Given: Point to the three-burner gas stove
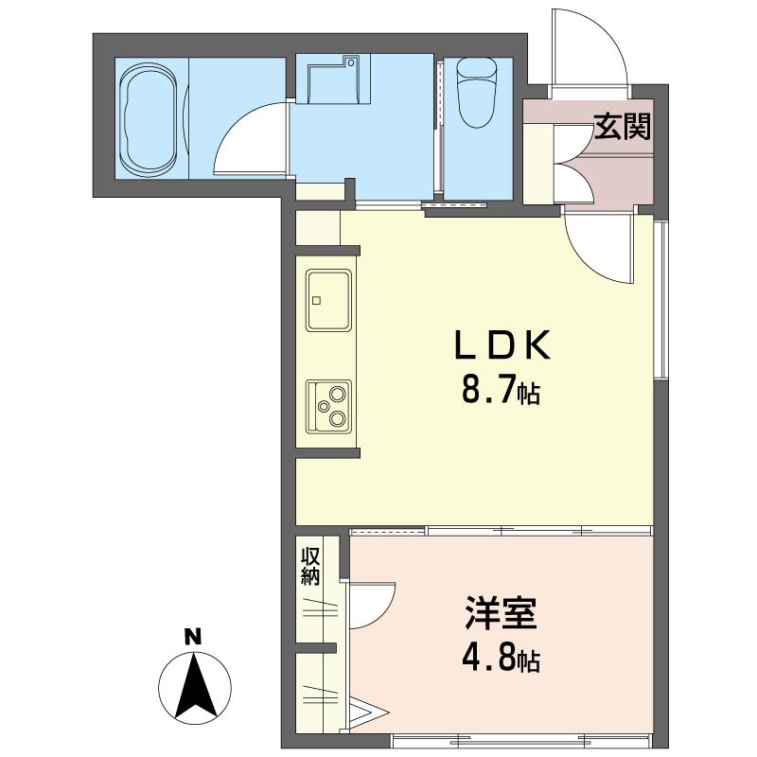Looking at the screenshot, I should tap(327, 406).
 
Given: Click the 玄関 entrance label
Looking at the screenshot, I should tap(623, 127).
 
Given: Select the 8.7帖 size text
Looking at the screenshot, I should tap(501, 391).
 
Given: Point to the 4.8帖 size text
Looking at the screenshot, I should tap(501, 658).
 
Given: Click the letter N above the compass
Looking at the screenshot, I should tap(192, 637).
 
